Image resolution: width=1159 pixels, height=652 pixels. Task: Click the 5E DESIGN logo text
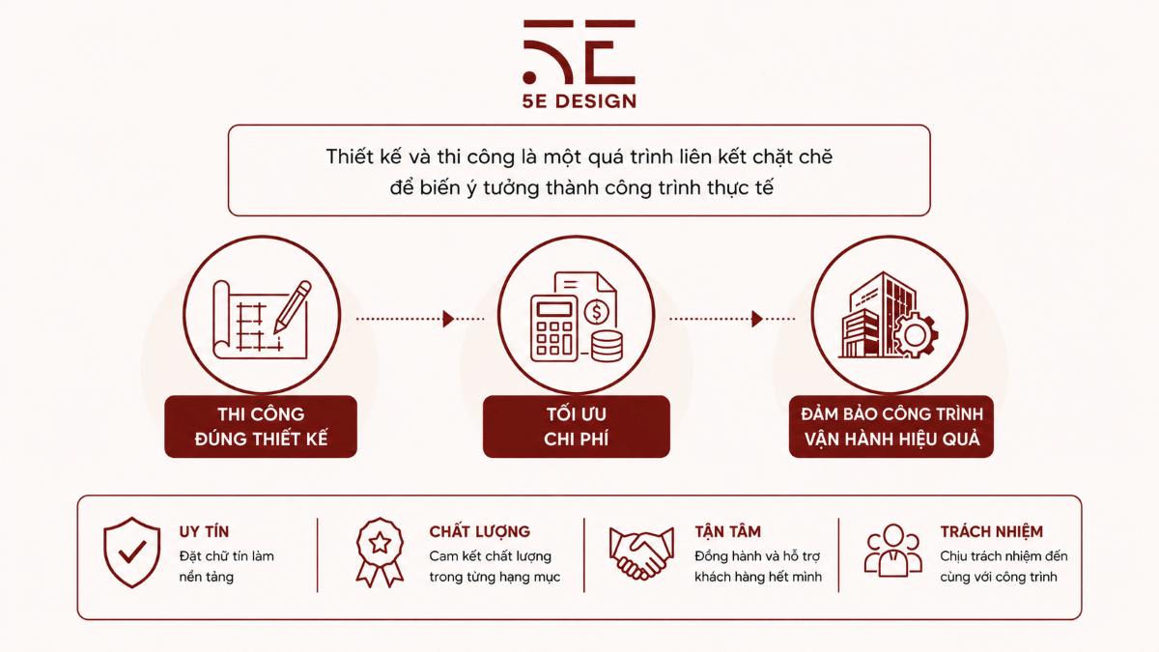tap(579, 100)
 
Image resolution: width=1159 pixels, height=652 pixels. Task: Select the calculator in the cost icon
tap(553, 328)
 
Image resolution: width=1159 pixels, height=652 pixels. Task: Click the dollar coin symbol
tap(597, 312)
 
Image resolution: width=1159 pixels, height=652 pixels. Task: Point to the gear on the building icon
tap(915, 335)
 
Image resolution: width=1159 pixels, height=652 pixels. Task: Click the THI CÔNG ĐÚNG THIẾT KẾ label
tap(261, 426)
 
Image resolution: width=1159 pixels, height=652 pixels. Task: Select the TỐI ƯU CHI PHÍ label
tap(577, 426)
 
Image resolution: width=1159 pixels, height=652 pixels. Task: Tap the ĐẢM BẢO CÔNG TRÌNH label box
tap(890, 426)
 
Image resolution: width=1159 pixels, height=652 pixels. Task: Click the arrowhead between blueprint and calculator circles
tap(448, 319)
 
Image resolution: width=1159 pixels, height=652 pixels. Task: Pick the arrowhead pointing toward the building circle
tap(757, 319)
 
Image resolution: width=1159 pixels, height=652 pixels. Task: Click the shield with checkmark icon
tap(132, 553)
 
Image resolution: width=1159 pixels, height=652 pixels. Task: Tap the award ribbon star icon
tap(380, 553)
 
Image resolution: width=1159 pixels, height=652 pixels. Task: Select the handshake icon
tap(641, 553)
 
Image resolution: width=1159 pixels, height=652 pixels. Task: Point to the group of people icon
tap(893, 551)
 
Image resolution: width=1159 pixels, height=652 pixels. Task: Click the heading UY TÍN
tap(204, 531)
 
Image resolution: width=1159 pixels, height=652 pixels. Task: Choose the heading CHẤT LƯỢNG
tap(480, 532)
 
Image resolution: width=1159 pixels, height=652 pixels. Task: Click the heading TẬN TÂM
tap(727, 531)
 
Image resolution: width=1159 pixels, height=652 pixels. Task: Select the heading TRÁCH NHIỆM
tap(991, 531)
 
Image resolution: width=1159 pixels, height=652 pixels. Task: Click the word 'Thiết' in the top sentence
tap(350, 156)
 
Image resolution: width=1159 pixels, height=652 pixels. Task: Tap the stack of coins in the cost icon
tap(607, 346)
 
